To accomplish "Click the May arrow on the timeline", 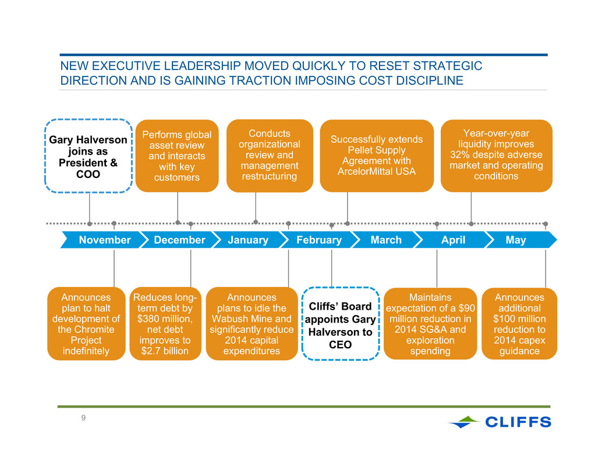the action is pyautogui.click(x=520, y=240).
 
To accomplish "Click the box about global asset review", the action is pyautogui.click(x=177, y=156).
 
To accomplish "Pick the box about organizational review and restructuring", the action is pyautogui.click(x=270, y=155).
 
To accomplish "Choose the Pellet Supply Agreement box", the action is pyautogui.click(x=377, y=155).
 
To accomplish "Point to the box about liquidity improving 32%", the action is pyautogui.click(x=497, y=155).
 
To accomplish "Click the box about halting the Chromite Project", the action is pyautogui.click(x=86, y=324).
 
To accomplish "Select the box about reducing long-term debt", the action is pyautogui.click(x=165, y=324).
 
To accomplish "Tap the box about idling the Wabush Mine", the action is pyautogui.click(x=252, y=324).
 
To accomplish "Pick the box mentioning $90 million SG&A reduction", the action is pyautogui.click(x=430, y=324).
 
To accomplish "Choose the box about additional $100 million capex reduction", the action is pyautogui.click(x=519, y=324).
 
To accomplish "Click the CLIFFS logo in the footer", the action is pyautogui.click(x=500, y=422).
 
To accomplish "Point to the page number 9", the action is pyautogui.click(x=83, y=418).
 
